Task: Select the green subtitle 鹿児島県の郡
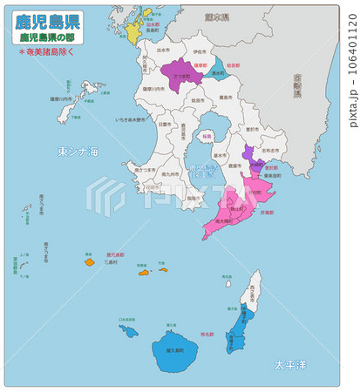coord(48,38)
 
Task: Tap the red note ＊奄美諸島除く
coord(49,52)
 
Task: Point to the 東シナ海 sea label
coord(78,152)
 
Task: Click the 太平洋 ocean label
coord(291,363)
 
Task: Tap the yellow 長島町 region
coord(136,31)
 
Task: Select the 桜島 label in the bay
coord(206,137)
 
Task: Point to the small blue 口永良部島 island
coord(128,330)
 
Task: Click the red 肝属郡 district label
coord(268,212)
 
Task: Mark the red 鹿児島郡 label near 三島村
coord(114,255)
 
